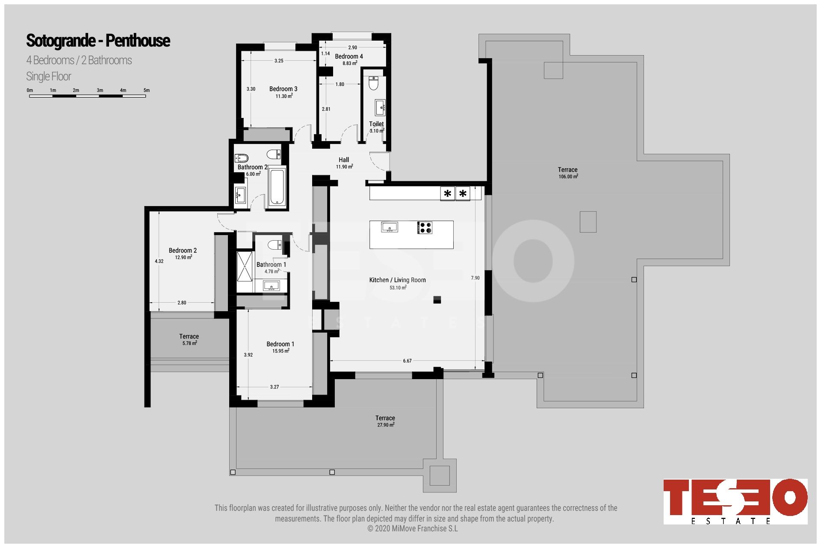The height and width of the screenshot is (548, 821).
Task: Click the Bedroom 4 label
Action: pyautogui.click(x=349, y=56)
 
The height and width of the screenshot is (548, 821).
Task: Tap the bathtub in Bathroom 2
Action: pyautogui.click(x=277, y=187)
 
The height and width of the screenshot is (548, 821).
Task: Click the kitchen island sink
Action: pyautogui.click(x=390, y=227)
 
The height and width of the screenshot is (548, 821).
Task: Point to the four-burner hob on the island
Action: pyautogui.click(x=425, y=227)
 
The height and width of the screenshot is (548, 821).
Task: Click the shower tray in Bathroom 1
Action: pyautogui.click(x=245, y=266)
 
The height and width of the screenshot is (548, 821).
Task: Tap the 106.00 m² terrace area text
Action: pyautogui.click(x=568, y=177)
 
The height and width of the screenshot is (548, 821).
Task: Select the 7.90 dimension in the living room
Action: pyautogui.click(x=475, y=278)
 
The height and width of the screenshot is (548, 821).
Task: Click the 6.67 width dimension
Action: pyautogui.click(x=407, y=361)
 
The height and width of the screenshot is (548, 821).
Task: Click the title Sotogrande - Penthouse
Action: pyautogui.click(x=98, y=41)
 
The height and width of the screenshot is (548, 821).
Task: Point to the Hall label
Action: pyautogui.click(x=344, y=160)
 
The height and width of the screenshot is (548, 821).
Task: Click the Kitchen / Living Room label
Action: pyautogui.click(x=398, y=280)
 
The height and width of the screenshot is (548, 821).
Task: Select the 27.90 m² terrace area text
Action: pyautogui.click(x=386, y=425)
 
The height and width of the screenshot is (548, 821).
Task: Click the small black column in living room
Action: pyautogui.click(x=437, y=300)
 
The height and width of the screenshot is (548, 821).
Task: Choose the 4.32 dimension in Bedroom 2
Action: pyautogui.click(x=159, y=261)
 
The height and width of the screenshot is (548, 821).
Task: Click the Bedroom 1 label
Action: pyautogui.click(x=280, y=344)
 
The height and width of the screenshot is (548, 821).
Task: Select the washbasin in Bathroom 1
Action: pyautogui.click(x=271, y=285)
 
